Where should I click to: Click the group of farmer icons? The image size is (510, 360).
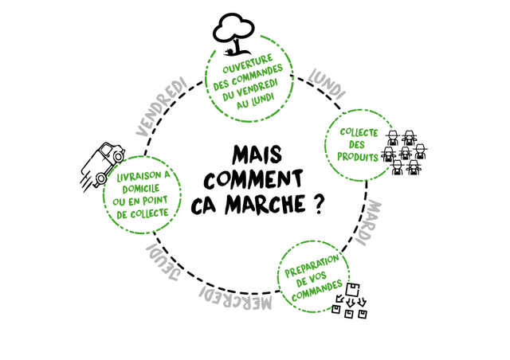pyautogui.click(x=406, y=151)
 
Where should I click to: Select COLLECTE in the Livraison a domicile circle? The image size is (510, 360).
pyautogui.click(x=151, y=213)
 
